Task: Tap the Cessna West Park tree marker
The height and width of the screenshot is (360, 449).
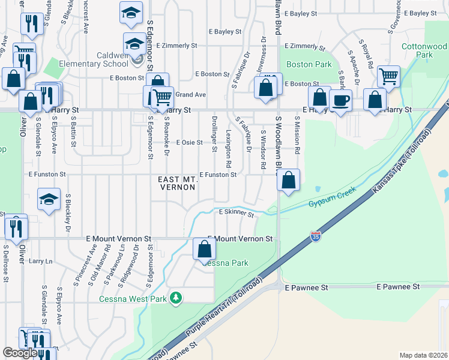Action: [x=175, y=297]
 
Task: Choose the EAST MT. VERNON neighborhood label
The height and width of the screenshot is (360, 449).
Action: [x=176, y=184]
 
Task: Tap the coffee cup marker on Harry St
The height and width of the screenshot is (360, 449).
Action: [x=340, y=100]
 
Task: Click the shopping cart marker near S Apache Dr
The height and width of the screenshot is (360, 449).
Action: [x=389, y=76]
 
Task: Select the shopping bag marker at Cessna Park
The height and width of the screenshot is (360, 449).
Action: [x=204, y=248]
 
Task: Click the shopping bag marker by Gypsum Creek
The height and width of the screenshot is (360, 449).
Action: [x=289, y=179]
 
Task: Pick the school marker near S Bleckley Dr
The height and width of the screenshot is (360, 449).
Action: [x=49, y=200]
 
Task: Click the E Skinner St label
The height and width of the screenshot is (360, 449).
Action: [x=237, y=212]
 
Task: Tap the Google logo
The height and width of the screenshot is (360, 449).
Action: [x=20, y=353]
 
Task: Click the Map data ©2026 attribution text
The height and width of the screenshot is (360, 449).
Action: [x=423, y=355]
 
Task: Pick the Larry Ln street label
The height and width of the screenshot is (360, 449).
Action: [x=41, y=261]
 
